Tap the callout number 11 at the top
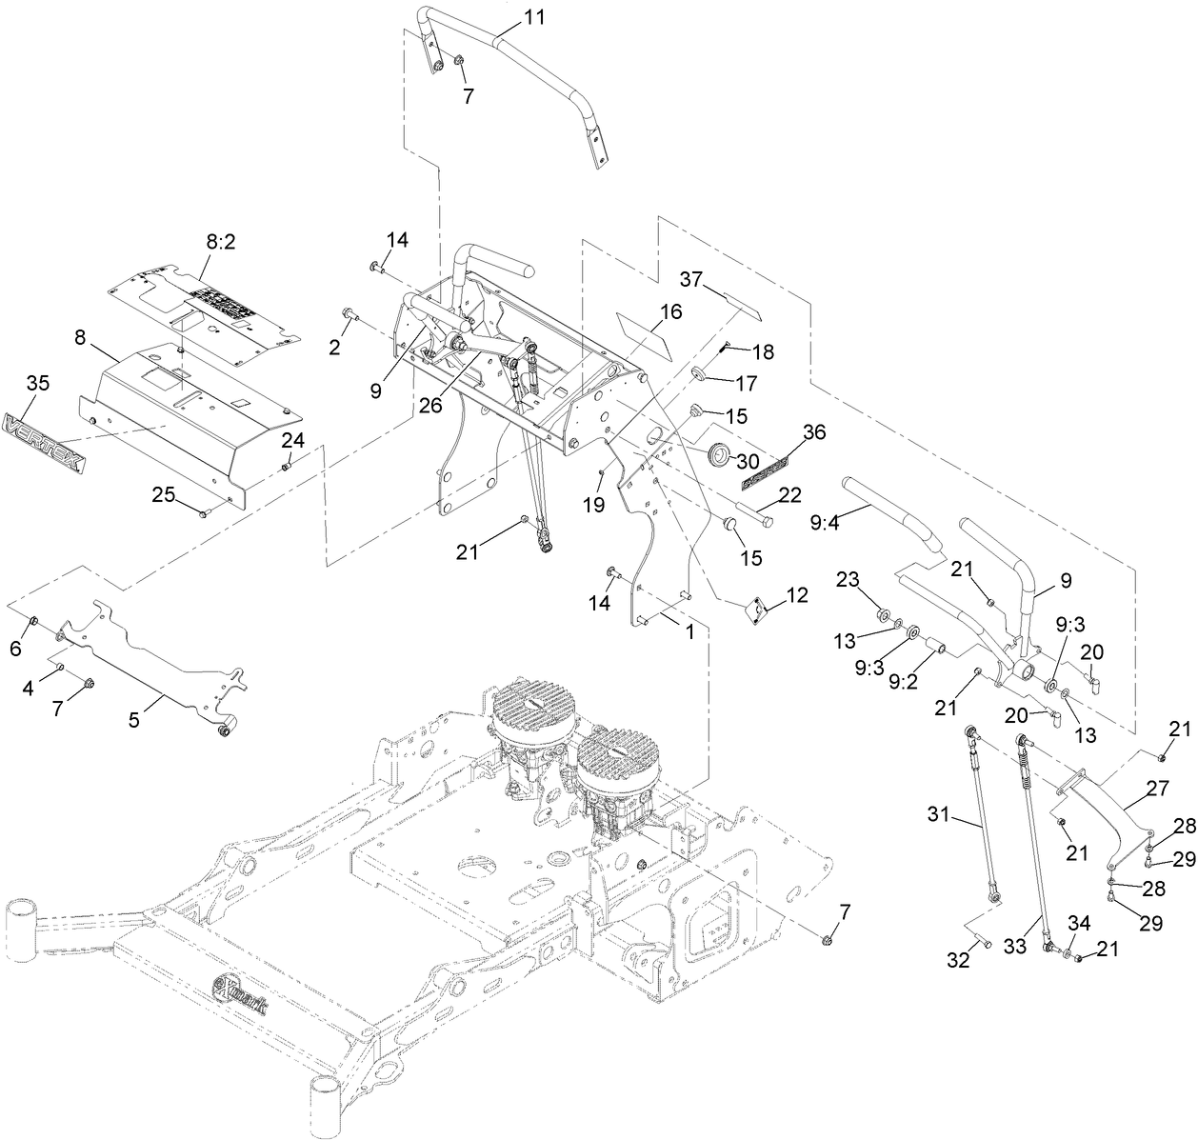(x=536, y=17)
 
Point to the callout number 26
(x=431, y=404)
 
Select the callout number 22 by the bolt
(x=789, y=494)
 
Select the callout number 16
(x=670, y=310)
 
